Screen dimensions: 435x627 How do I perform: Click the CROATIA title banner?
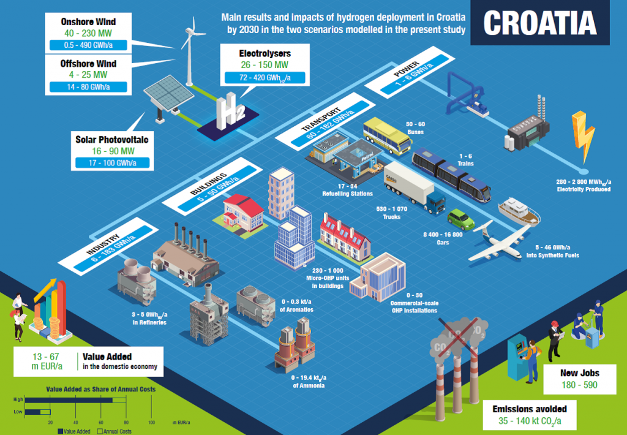tap(539, 23)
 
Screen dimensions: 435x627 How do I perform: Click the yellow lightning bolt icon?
tap(582, 136)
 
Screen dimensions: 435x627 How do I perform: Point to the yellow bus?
tap(387, 135)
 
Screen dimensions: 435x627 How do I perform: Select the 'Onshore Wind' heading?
tap(88, 22)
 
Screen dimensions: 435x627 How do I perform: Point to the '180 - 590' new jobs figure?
tap(579, 385)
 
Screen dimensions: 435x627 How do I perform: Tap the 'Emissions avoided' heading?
tap(530, 409)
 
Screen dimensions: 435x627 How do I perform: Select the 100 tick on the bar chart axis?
tap(151, 423)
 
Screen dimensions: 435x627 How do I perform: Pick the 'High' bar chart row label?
tap(18, 399)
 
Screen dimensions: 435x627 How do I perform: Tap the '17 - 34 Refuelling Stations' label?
tap(347, 190)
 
